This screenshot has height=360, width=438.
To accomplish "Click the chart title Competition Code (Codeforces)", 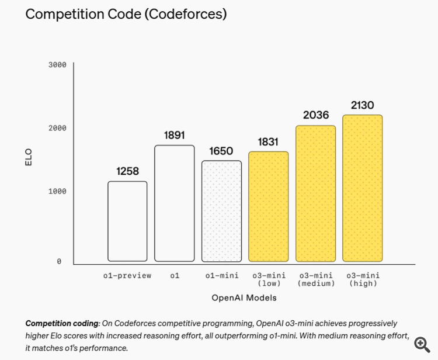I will pyautogui.click(x=126, y=14).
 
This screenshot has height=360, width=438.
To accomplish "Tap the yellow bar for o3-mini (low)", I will pyautogui.click(x=269, y=206).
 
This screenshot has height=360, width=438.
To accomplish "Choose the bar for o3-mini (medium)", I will pyautogui.click(x=315, y=193).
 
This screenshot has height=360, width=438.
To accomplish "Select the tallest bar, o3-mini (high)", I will pyautogui.click(x=362, y=188).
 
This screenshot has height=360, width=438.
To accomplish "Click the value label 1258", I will pyautogui.click(x=127, y=172).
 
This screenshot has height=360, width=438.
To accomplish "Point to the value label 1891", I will pyautogui.click(x=175, y=136).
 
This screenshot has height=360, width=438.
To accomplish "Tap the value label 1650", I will pyautogui.click(x=221, y=151).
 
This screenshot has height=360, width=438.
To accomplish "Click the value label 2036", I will pyautogui.click(x=315, y=116).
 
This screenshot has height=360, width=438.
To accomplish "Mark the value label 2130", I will pyautogui.click(x=362, y=106).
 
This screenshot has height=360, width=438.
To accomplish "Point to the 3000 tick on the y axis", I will pyautogui.click(x=57, y=65).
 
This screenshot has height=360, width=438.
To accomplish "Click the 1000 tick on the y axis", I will pyautogui.click(x=57, y=191).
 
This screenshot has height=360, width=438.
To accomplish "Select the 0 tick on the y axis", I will pyautogui.click(x=59, y=261).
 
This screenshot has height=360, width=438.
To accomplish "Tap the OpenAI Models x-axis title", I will pyautogui.click(x=244, y=297).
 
